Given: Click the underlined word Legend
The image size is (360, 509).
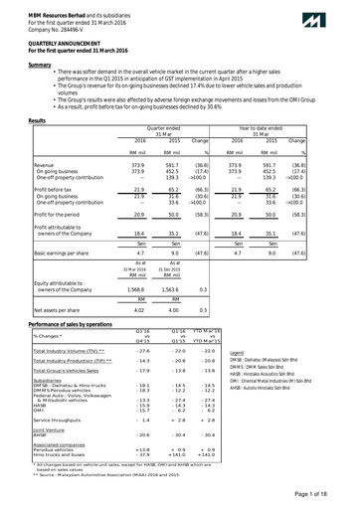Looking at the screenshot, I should tap(237, 380).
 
